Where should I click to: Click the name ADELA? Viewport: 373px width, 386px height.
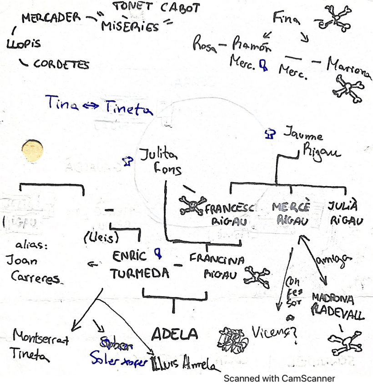click(174, 335)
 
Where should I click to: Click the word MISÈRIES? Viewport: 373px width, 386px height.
click(130, 26)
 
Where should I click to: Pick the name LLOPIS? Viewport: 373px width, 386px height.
click(23, 45)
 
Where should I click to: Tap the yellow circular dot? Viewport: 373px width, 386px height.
click(33, 151)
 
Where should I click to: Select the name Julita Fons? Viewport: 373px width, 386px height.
click(160, 161)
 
